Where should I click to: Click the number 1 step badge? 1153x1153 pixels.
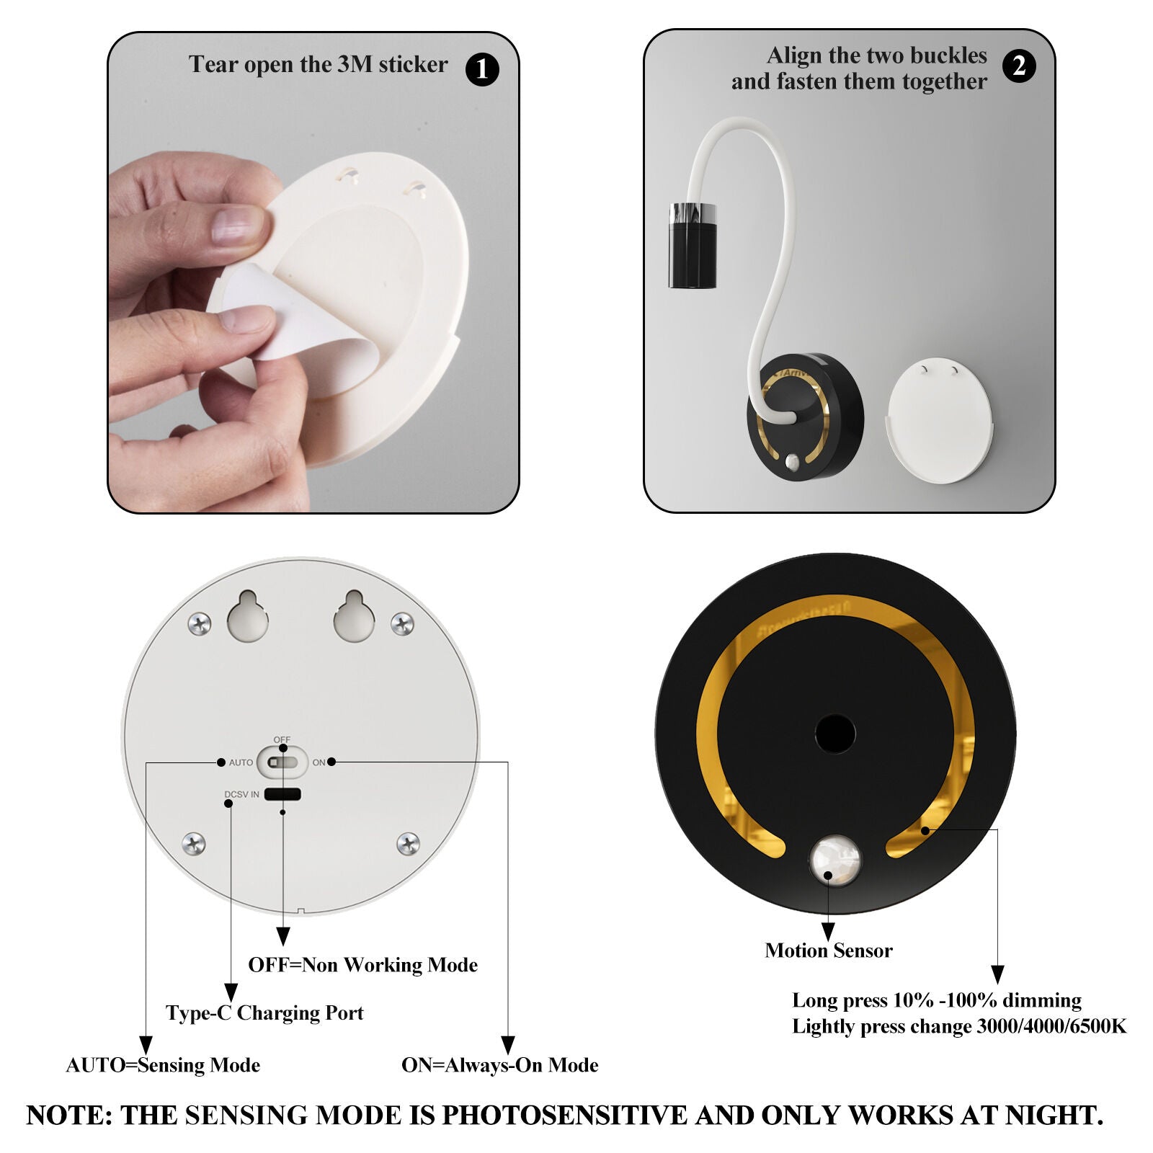[x=482, y=70]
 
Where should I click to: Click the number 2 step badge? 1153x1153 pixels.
[x=1019, y=66]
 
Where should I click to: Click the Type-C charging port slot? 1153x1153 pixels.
[x=282, y=795]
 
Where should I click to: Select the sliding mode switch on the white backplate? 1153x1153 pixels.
[x=282, y=762]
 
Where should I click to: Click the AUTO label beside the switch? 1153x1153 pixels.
[x=241, y=762]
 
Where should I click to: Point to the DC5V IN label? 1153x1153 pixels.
[x=241, y=795]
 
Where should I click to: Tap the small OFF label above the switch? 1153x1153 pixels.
[x=282, y=740]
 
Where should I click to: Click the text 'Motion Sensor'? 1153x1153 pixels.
[x=829, y=951]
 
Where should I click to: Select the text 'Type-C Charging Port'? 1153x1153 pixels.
[x=264, y=1013]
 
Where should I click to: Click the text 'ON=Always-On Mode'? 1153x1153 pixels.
[x=499, y=1065]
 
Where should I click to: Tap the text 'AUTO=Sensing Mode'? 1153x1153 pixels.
[x=163, y=1065]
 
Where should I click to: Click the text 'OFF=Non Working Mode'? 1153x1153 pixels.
[x=363, y=965]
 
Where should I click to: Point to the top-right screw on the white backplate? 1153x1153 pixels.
[x=402, y=623]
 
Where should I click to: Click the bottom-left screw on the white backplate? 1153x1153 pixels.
[x=194, y=843]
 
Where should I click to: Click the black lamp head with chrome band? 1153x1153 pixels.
[x=692, y=246]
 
